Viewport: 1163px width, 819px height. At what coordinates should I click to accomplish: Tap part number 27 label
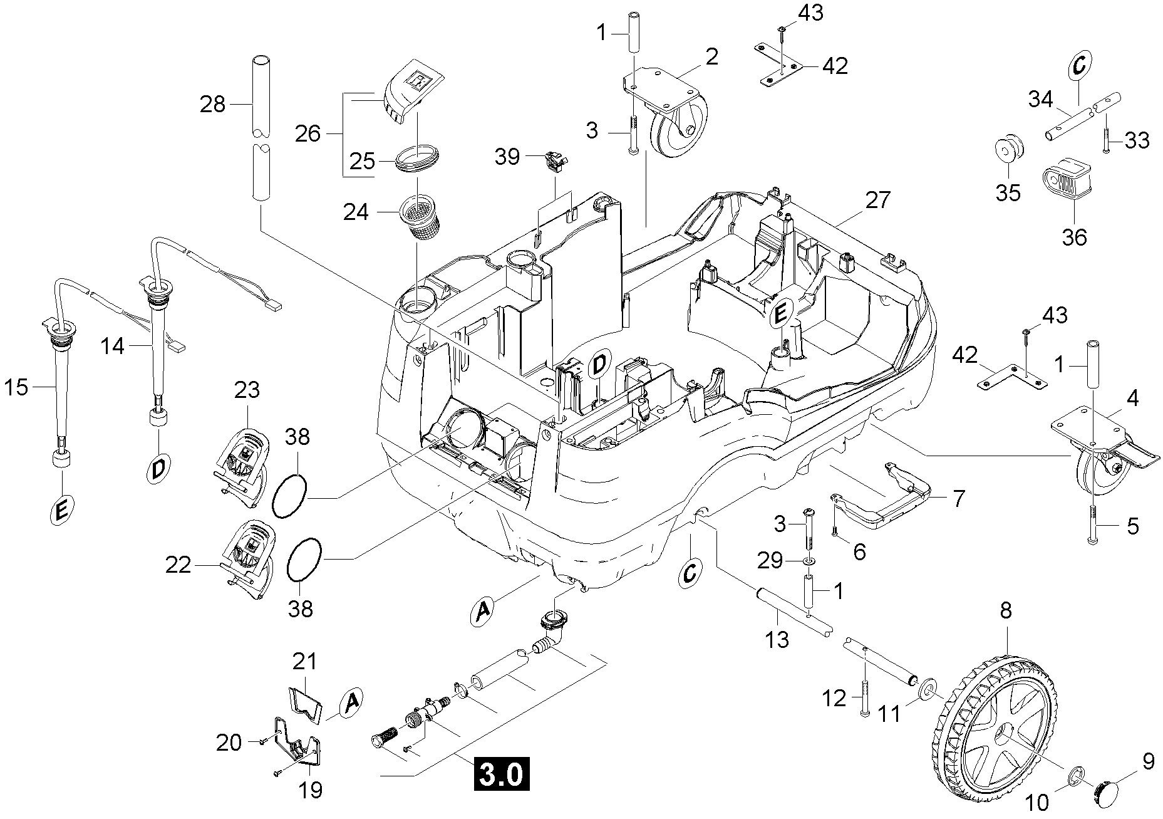[x=877, y=201]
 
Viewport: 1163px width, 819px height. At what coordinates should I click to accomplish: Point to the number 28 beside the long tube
[x=212, y=104]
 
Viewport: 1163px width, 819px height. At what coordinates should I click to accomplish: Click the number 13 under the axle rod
[x=777, y=639]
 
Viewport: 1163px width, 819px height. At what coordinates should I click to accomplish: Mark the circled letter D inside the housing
[x=599, y=366]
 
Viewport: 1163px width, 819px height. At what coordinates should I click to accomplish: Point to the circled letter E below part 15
[x=61, y=512]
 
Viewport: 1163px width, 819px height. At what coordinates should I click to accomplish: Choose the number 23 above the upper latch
[x=247, y=390]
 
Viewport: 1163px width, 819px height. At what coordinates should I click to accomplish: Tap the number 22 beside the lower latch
[x=178, y=565]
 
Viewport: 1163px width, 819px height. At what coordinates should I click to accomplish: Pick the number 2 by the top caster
[x=711, y=56]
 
